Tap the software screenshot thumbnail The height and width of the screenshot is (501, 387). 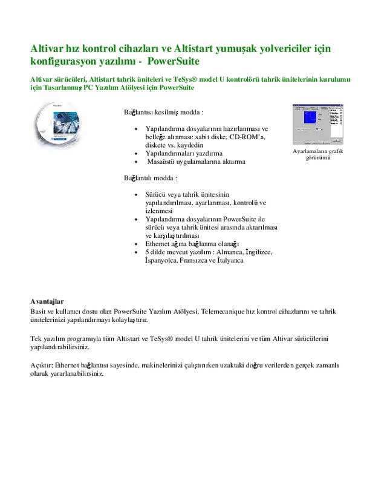(318, 125)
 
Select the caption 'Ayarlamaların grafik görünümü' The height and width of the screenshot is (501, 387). (318, 155)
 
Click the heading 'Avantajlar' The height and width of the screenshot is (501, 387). (47, 301)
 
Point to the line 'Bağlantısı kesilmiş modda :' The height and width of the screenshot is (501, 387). (164, 113)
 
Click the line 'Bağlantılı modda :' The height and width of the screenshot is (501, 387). (151, 178)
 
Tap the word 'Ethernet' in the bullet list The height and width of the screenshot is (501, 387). (158, 244)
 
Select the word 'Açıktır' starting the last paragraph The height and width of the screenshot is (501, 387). (42, 365)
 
